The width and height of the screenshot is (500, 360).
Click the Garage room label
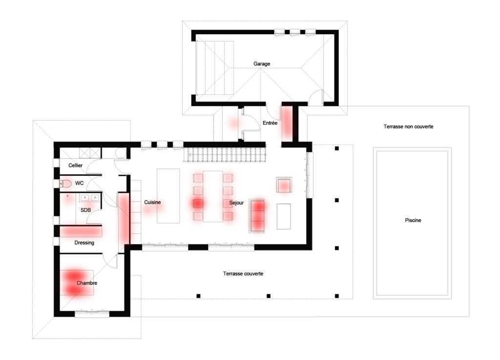(x=262, y=64)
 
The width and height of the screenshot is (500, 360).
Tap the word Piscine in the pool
(x=413, y=220)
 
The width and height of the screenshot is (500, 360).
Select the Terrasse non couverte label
(x=408, y=127)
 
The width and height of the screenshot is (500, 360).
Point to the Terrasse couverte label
(x=243, y=274)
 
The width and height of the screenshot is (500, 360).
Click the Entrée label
(x=270, y=123)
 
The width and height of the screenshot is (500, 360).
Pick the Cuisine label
(x=152, y=202)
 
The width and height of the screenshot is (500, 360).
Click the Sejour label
(x=236, y=203)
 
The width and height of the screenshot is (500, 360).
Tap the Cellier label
(x=75, y=165)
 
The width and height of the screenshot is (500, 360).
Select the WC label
(x=79, y=183)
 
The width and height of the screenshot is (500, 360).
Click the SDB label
(x=85, y=210)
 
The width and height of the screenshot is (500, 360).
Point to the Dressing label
(x=84, y=243)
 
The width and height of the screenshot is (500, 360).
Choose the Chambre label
(x=87, y=283)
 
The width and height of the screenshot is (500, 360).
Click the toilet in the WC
(x=65, y=184)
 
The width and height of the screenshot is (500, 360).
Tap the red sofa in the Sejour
(x=257, y=216)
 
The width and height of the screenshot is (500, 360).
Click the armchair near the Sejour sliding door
(x=284, y=185)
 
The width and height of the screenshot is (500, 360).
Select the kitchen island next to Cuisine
(x=168, y=196)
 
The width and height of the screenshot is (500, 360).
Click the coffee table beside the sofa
(x=284, y=216)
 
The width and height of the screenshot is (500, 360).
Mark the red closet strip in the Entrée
(x=287, y=122)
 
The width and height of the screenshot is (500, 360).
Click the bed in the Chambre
(x=77, y=283)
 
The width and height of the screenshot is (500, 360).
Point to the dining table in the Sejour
(x=213, y=196)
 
